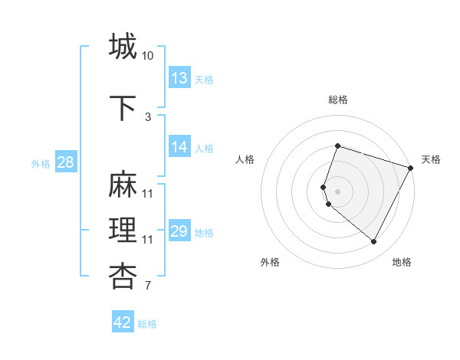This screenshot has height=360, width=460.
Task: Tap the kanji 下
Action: (123, 108)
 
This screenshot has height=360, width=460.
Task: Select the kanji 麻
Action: (123, 185)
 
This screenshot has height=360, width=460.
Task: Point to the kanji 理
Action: (123, 231)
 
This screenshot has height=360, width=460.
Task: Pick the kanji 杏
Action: (123, 277)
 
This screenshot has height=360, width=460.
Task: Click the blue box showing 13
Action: (179, 78)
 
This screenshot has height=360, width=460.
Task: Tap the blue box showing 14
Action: (179, 147)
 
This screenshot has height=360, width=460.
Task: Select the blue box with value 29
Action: (179, 231)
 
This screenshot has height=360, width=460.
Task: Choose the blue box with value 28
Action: (65, 162)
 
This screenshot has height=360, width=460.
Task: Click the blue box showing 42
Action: (123, 322)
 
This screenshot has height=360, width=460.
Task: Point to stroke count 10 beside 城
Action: (147, 56)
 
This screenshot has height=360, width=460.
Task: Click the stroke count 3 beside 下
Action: (148, 117)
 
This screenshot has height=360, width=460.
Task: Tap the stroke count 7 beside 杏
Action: (148, 286)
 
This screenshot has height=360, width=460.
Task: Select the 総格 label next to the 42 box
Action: (147, 324)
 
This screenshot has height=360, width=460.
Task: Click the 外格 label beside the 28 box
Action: (41, 163)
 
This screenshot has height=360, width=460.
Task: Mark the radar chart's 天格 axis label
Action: (431, 159)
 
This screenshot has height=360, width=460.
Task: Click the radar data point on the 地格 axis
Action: (374, 241)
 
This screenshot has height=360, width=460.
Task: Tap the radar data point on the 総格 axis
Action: (337, 146)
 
